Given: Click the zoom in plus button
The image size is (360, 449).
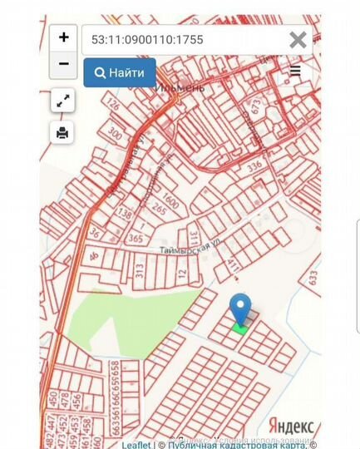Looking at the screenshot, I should click(63, 38).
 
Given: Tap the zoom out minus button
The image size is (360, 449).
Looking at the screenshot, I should click(63, 64).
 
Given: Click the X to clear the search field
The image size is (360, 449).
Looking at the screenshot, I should click(297, 39).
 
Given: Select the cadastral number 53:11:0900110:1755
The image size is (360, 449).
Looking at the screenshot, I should click(147, 39).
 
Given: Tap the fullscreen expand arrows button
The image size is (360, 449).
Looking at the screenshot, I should click(63, 101).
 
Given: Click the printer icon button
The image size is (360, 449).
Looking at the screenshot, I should click(63, 132).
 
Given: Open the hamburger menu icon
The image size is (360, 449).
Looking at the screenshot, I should click(295, 72).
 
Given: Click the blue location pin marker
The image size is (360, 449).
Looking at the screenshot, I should click(240, 310).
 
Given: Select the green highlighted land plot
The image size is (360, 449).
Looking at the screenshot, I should click(240, 329).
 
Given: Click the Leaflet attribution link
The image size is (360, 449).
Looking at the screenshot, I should click(136, 445).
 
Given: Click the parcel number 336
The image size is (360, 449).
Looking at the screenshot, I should click(254, 165).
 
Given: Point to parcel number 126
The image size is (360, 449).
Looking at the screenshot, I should click(113, 104).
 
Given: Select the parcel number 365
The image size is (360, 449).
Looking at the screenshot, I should click(134, 238).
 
